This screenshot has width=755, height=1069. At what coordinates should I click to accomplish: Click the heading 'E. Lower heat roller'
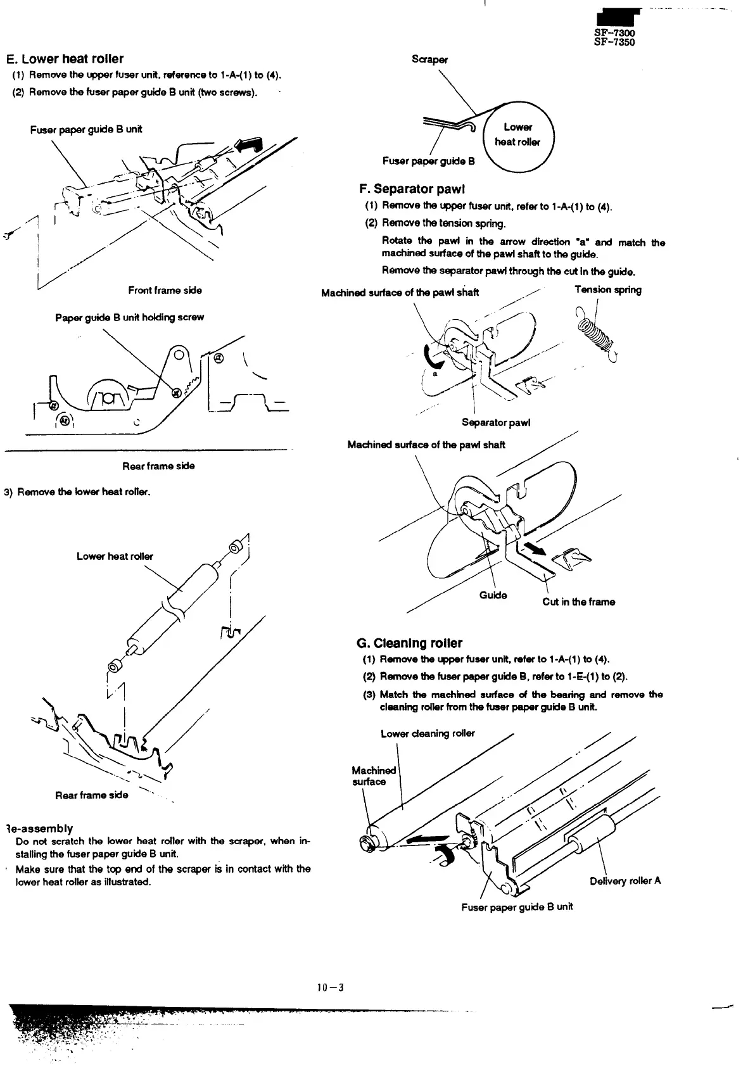[65, 59]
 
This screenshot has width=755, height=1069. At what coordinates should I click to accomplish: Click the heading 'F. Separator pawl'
[412, 189]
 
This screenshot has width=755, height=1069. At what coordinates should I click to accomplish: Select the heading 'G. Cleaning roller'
[409, 643]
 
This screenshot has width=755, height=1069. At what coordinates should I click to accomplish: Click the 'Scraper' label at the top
[429, 60]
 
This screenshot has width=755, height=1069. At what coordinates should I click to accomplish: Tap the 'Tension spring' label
[607, 290]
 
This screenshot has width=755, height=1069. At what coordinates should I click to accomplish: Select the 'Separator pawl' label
[495, 422]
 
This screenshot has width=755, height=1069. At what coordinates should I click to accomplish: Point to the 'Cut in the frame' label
[578, 602]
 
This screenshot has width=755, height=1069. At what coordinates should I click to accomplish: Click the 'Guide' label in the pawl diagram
[493, 595]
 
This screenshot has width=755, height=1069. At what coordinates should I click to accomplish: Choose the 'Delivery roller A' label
[625, 880]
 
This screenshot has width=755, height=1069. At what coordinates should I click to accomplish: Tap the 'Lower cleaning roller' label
[428, 733]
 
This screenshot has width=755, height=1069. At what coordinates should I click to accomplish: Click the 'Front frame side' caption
[165, 290]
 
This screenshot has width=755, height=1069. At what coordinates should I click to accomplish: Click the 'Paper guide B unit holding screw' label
[129, 317]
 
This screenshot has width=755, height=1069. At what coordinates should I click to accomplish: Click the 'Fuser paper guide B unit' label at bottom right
[517, 907]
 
